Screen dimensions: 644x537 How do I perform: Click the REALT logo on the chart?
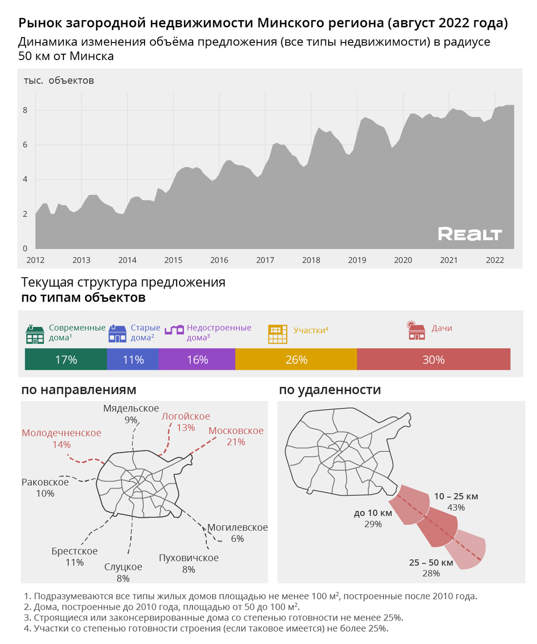click(470, 234)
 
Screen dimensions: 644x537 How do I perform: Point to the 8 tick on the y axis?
click(25, 110)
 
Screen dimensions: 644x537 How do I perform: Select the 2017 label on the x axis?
click(265, 260)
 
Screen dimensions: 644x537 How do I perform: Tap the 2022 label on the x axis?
click(495, 260)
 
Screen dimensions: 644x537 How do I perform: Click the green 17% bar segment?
click(66, 360)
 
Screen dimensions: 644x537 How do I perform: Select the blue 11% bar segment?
click(133, 360)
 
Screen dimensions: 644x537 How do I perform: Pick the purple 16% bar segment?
click(197, 360)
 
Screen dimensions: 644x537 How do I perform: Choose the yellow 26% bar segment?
click(296, 360)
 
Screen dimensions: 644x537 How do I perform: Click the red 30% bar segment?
click(434, 360)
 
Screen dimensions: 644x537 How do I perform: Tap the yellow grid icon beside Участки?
click(278, 334)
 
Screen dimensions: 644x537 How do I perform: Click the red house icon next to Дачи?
click(416, 331)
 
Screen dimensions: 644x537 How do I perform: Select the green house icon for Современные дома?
click(35, 334)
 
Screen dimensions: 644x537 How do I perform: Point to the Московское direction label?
click(236, 431)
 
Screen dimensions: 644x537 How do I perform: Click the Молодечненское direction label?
click(62, 433)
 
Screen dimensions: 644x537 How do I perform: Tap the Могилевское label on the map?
click(238, 527)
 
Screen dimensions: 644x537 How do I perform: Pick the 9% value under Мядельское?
click(131, 420)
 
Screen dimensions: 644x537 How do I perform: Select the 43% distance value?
click(456, 508)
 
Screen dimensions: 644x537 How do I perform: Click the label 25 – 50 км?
click(431, 562)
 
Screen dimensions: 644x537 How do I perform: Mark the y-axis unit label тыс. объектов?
click(59, 81)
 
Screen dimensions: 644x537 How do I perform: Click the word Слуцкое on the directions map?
click(123, 567)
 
